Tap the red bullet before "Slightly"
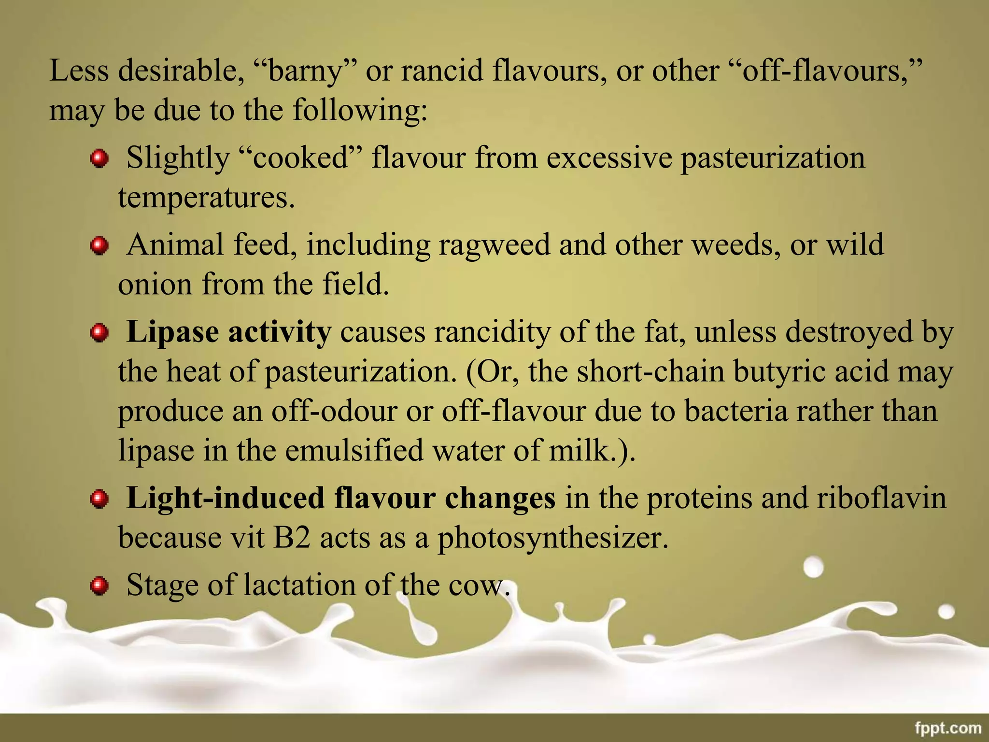99,158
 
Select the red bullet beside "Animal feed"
99,245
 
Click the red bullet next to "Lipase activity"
99,333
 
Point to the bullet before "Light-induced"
99,499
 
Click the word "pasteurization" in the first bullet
773,158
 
